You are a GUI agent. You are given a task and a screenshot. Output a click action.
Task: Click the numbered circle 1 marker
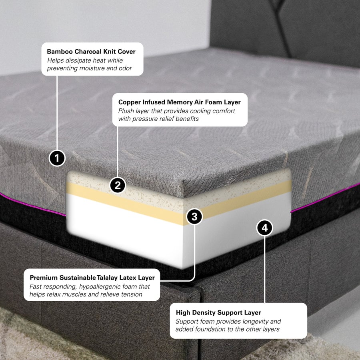pos(57,158)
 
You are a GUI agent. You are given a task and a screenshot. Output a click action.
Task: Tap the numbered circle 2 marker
pos(118,185)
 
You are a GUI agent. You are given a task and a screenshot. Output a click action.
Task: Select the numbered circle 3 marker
pos(194,217)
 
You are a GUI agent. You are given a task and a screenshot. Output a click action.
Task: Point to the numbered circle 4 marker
pos(264,228)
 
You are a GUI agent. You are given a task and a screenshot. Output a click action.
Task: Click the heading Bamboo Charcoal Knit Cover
pos(91,52)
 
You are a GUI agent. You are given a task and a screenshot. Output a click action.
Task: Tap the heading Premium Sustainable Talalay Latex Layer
pos(92,277)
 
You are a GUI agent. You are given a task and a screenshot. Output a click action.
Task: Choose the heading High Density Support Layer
pos(218,312)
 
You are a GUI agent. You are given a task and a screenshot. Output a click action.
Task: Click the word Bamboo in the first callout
pos(59,52)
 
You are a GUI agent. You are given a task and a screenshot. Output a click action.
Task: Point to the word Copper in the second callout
pos(129,102)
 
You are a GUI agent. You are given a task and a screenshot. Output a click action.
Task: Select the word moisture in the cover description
pos(95,68)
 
